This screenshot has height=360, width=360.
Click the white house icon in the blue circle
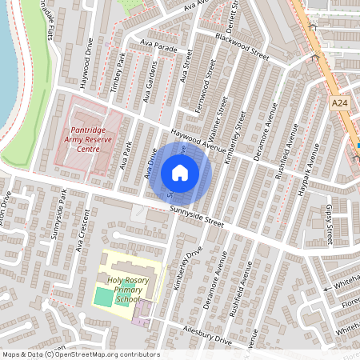click(179, 173)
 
